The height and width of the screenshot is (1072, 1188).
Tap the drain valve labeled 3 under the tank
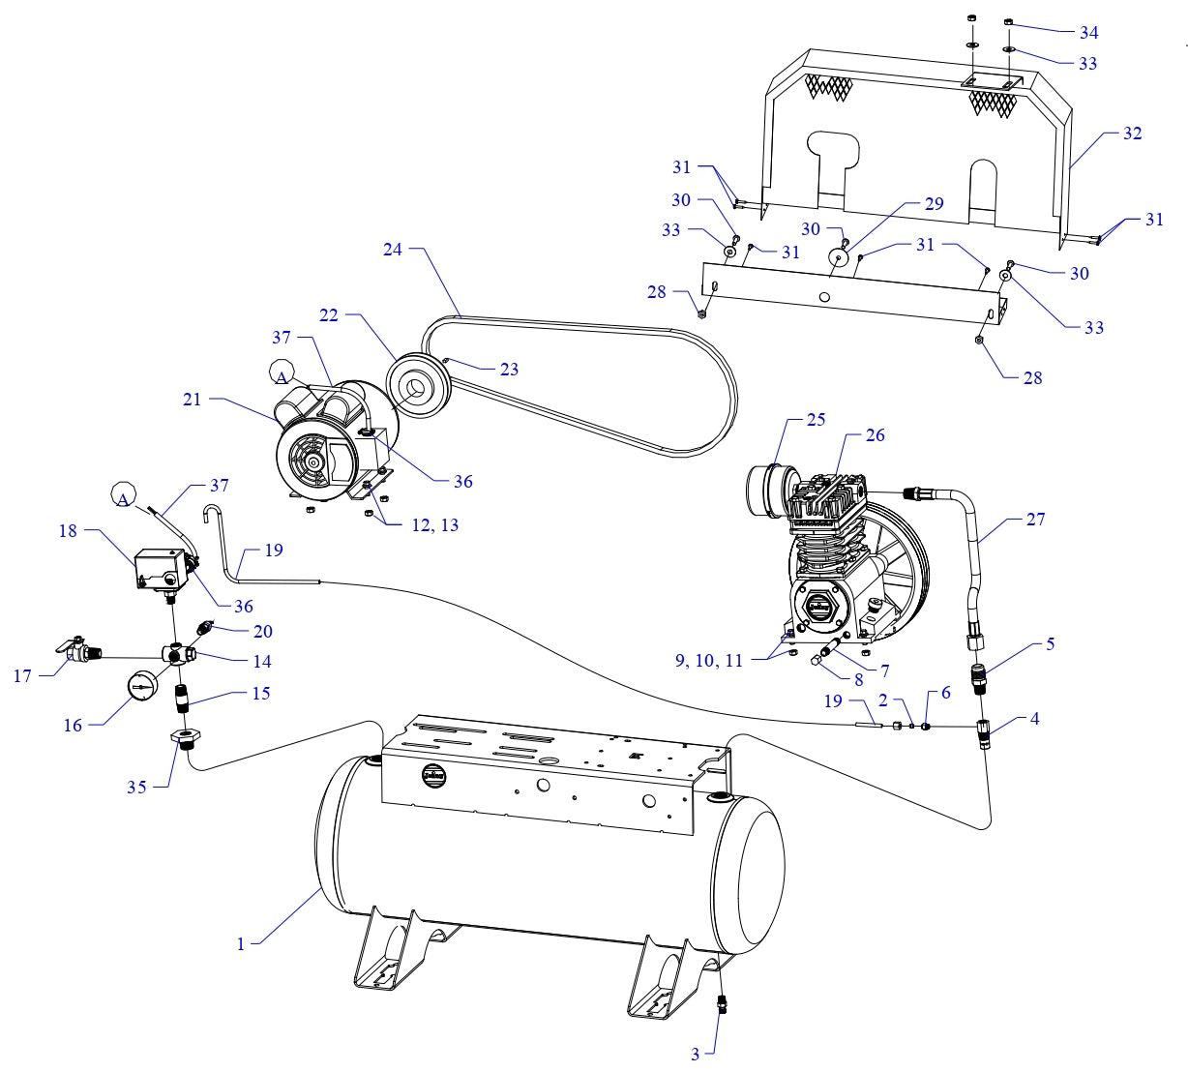coord(722,1002)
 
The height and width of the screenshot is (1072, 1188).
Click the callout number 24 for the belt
coord(392,249)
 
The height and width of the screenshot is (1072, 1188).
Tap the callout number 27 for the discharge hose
coord(1035,520)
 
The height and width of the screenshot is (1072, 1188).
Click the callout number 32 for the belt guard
coord(1131,134)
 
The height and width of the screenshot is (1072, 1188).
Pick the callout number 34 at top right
coord(1088,32)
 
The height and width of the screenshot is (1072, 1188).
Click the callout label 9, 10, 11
coord(709,661)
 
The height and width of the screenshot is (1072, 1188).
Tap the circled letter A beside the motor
coord(282,373)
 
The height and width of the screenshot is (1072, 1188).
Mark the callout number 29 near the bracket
coord(933,203)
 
